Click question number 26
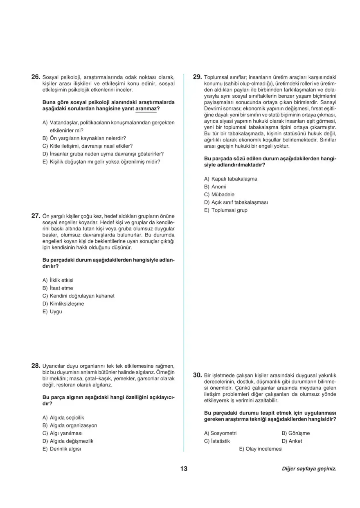point(36,76)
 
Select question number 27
point(36,216)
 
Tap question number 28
point(36,365)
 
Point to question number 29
point(197,76)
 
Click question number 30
point(197,375)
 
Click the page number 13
point(183,469)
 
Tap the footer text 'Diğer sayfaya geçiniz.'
point(309,469)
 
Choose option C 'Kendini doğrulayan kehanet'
point(82,296)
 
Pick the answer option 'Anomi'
point(219,187)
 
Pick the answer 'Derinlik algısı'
point(66,449)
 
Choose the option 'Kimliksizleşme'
point(67,303)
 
